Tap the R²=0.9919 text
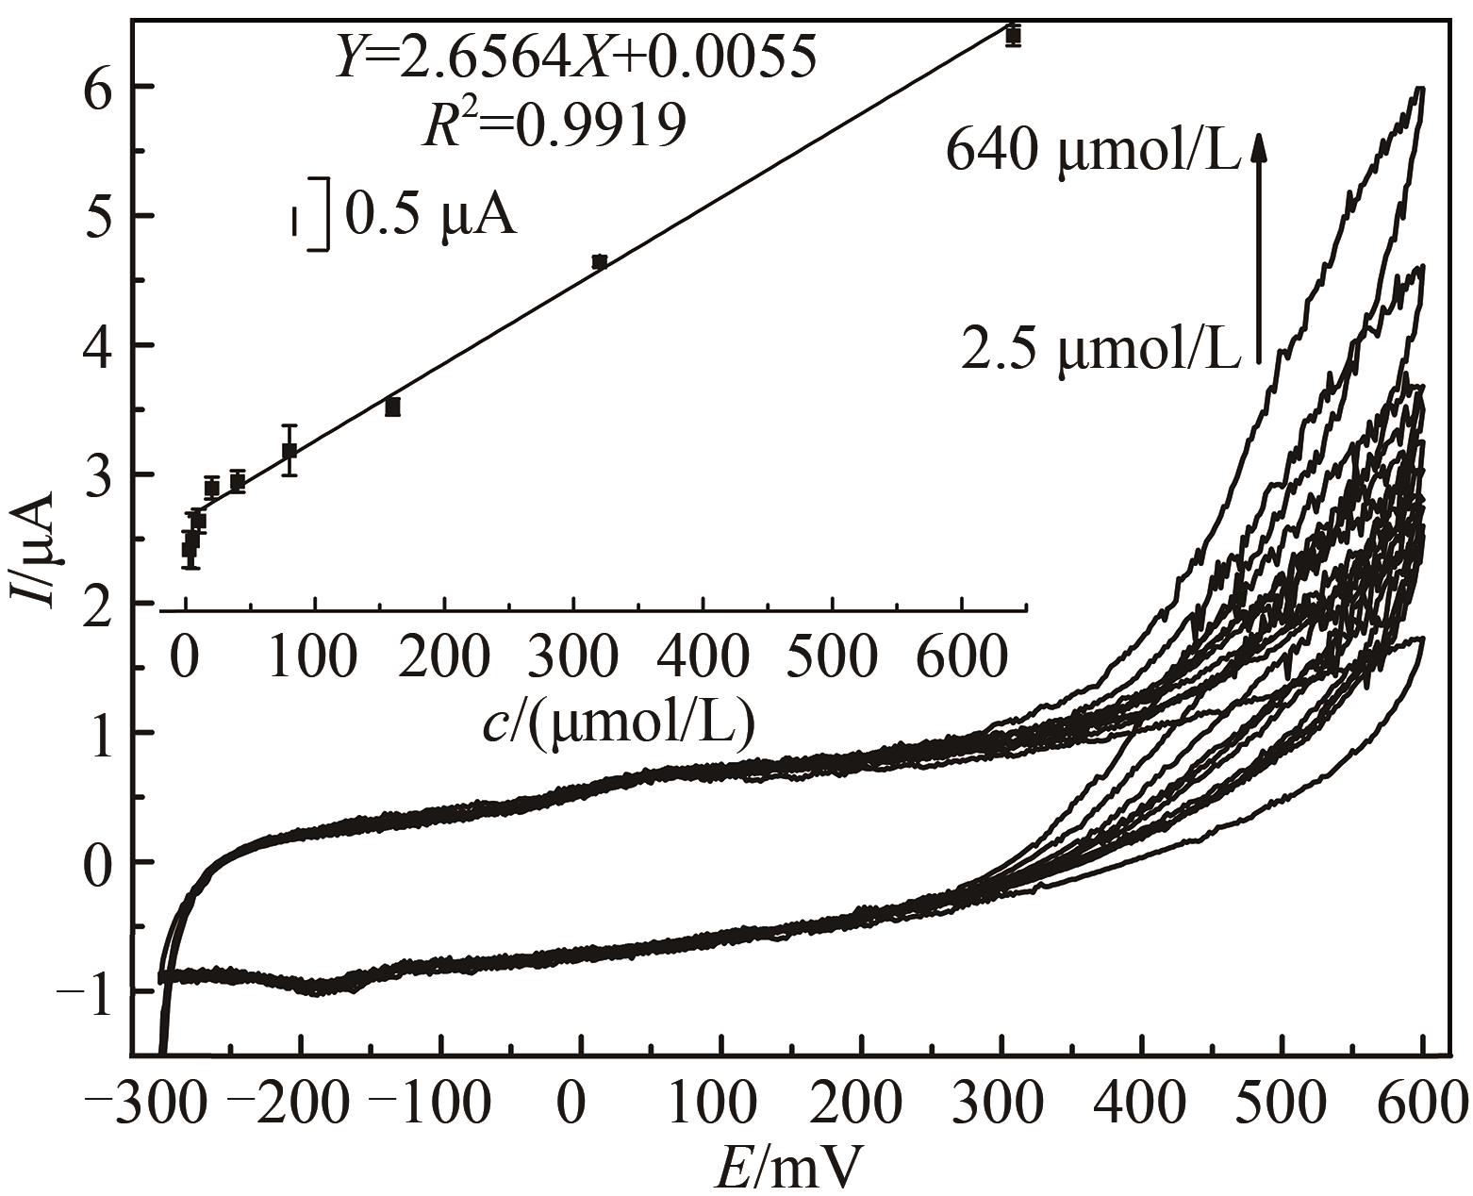[554, 125]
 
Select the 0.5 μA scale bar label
[430, 215]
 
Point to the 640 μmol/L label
[1091, 150]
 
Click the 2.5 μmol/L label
[1100, 353]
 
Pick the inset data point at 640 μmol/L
[1013, 36]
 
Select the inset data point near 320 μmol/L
[599, 262]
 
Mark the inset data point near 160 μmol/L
[392, 407]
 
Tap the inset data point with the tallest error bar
[290, 451]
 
